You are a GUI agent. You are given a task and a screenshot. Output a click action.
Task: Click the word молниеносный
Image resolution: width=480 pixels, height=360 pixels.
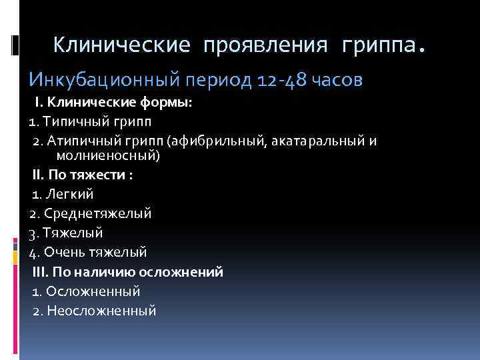pyautogui.click(x=107, y=155)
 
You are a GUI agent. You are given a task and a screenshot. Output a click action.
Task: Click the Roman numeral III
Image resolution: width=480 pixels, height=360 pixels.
pyautogui.click(x=40, y=271)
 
